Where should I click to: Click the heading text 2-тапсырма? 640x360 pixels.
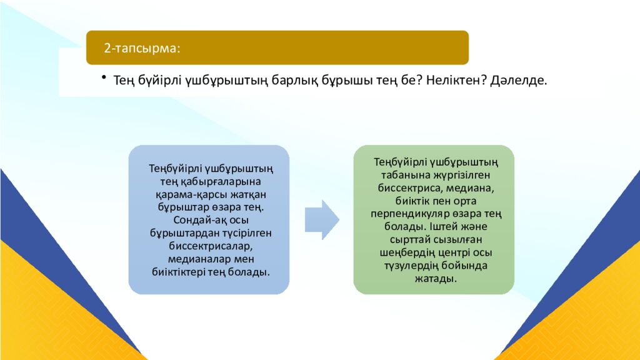(x=141, y=48)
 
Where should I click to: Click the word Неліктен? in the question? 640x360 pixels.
(x=456, y=81)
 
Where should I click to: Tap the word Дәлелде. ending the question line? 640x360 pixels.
(x=519, y=81)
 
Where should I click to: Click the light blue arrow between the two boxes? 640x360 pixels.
(x=322, y=219)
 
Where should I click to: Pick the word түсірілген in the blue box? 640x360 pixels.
(x=241, y=233)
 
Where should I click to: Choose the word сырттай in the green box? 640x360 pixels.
(x=409, y=240)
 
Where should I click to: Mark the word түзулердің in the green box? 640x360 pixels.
(x=407, y=266)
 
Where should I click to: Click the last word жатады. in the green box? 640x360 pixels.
(x=434, y=279)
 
